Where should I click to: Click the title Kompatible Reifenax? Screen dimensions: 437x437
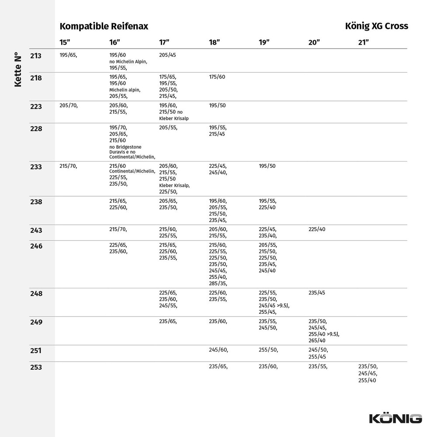(x=104, y=26)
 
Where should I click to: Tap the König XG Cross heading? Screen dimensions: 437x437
(x=376, y=26)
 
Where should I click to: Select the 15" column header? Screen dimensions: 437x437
(x=65, y=42)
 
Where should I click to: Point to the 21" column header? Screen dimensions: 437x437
(x=364, y=42)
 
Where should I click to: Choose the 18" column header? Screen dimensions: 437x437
(x=214, y=42)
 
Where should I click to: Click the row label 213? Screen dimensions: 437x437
(x=36, y=56)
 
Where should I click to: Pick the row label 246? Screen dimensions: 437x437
(x=36, y=246)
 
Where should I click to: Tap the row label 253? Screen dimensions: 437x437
(x=36, y=368)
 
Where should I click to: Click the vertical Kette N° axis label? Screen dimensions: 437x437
(x=18, y=70)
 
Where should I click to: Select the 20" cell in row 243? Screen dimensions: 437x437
(x=317, y=229)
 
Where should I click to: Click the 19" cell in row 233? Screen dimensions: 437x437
(x=267, y=166)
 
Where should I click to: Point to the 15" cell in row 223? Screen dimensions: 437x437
(x=68, y=105)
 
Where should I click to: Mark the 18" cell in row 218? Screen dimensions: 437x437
(x=217, y=77)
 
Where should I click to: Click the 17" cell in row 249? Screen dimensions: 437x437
(x=168, y=322)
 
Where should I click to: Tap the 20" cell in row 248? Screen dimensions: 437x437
(x=317, y=293)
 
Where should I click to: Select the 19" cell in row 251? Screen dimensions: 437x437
(x=268, y=350)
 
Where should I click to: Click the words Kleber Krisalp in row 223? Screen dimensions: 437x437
(x=174, y=118)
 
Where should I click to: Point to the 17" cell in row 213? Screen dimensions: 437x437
(x=167, y=55)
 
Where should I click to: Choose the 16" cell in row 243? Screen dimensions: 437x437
(x=118, y=229)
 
